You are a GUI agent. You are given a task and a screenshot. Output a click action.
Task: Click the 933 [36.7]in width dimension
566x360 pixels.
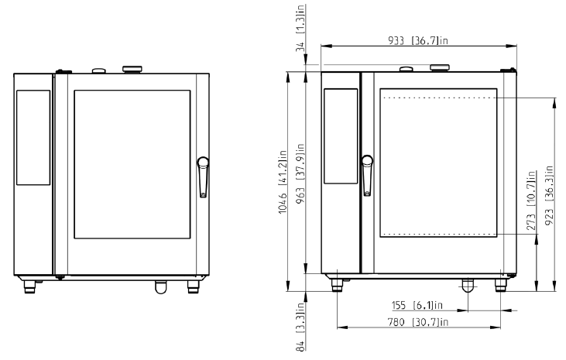pyautogui.click(x=418, y=40)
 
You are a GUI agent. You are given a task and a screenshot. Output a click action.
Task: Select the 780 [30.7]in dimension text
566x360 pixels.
pyautogui.click(x=417, y=322)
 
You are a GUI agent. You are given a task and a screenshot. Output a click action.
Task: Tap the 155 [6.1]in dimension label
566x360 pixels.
pyautogui.click(x=417, y=305)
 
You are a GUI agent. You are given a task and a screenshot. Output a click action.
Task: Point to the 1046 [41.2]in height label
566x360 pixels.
pyautogui.click(x=283, y=182)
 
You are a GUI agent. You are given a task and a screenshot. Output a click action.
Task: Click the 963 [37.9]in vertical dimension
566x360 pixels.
pyautogui.click(x=300, y=173)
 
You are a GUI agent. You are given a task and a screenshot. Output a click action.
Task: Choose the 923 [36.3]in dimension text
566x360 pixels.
pyautogui.click(x=549, y=195)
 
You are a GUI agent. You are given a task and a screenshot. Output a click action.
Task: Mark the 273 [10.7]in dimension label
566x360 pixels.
pyautogui.click(x=531, y=201)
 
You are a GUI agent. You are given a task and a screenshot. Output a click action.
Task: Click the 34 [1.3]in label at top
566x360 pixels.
pyautogui.click(x=300, y=29)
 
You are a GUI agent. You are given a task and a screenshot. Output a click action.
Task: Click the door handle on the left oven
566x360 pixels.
pyautogui.click(x=203, y=177)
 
